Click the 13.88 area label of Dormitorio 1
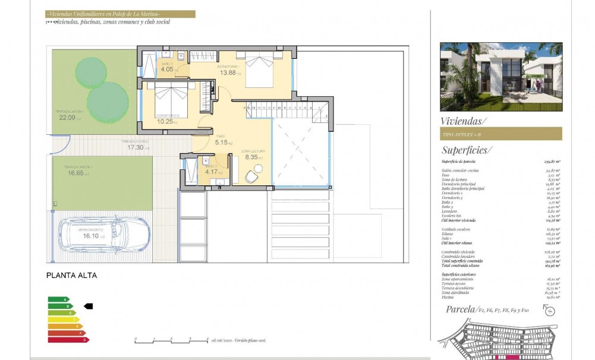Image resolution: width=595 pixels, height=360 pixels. pyautogui.click(x=229, y=72)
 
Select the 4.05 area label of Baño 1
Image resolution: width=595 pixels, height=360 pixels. pyautogui.click(x=167, y=69)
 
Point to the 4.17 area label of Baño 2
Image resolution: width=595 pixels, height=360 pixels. pyautogui.click(x=212, y=172)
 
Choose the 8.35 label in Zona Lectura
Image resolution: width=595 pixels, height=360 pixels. pyautogui.click(x=252, y=157)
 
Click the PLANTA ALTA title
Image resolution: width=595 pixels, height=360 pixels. pyautogui.click(x=71, y=276)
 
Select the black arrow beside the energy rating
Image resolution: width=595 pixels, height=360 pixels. pyautogui.click(x=89, y=306)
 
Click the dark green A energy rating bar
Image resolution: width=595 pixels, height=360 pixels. pyautogui.click(x=58, y=299)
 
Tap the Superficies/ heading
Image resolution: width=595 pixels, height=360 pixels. pyautogui.click(x=467, y=150)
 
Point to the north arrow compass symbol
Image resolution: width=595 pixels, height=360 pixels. pyautogui.click(x=549, y=310)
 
